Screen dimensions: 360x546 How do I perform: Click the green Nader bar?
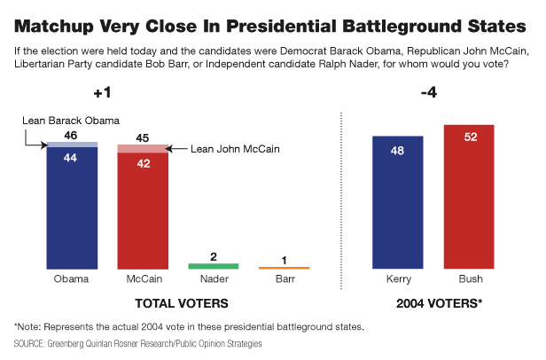(x=214, y=265)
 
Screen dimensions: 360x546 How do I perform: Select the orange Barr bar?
(x=284, y=267)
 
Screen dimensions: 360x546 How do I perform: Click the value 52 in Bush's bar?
(x=469, y=138)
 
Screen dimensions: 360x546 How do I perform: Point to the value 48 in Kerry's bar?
(x=398, y=150)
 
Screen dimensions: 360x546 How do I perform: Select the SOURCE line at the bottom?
(x=137, y=342)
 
